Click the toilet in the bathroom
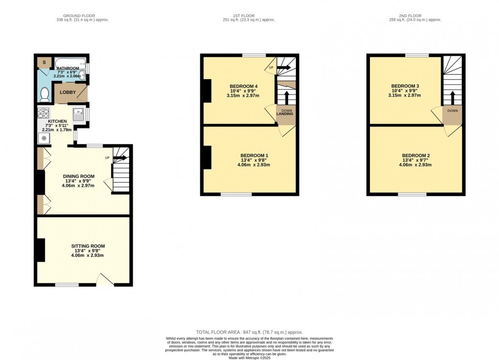(45, 93)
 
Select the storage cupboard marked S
(45, 62)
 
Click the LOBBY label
(68, 92)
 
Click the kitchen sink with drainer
(78, 114)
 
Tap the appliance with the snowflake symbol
(44, 138)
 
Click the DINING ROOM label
(78, 176)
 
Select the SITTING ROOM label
(88, 246)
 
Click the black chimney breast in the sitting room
(40, 249)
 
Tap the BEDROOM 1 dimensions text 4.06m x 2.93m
(253, 165)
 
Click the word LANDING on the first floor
(285, 114)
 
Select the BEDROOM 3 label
(405, 86)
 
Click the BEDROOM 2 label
(416, 156)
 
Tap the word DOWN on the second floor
(452, 111)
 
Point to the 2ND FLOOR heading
(415, 16)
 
